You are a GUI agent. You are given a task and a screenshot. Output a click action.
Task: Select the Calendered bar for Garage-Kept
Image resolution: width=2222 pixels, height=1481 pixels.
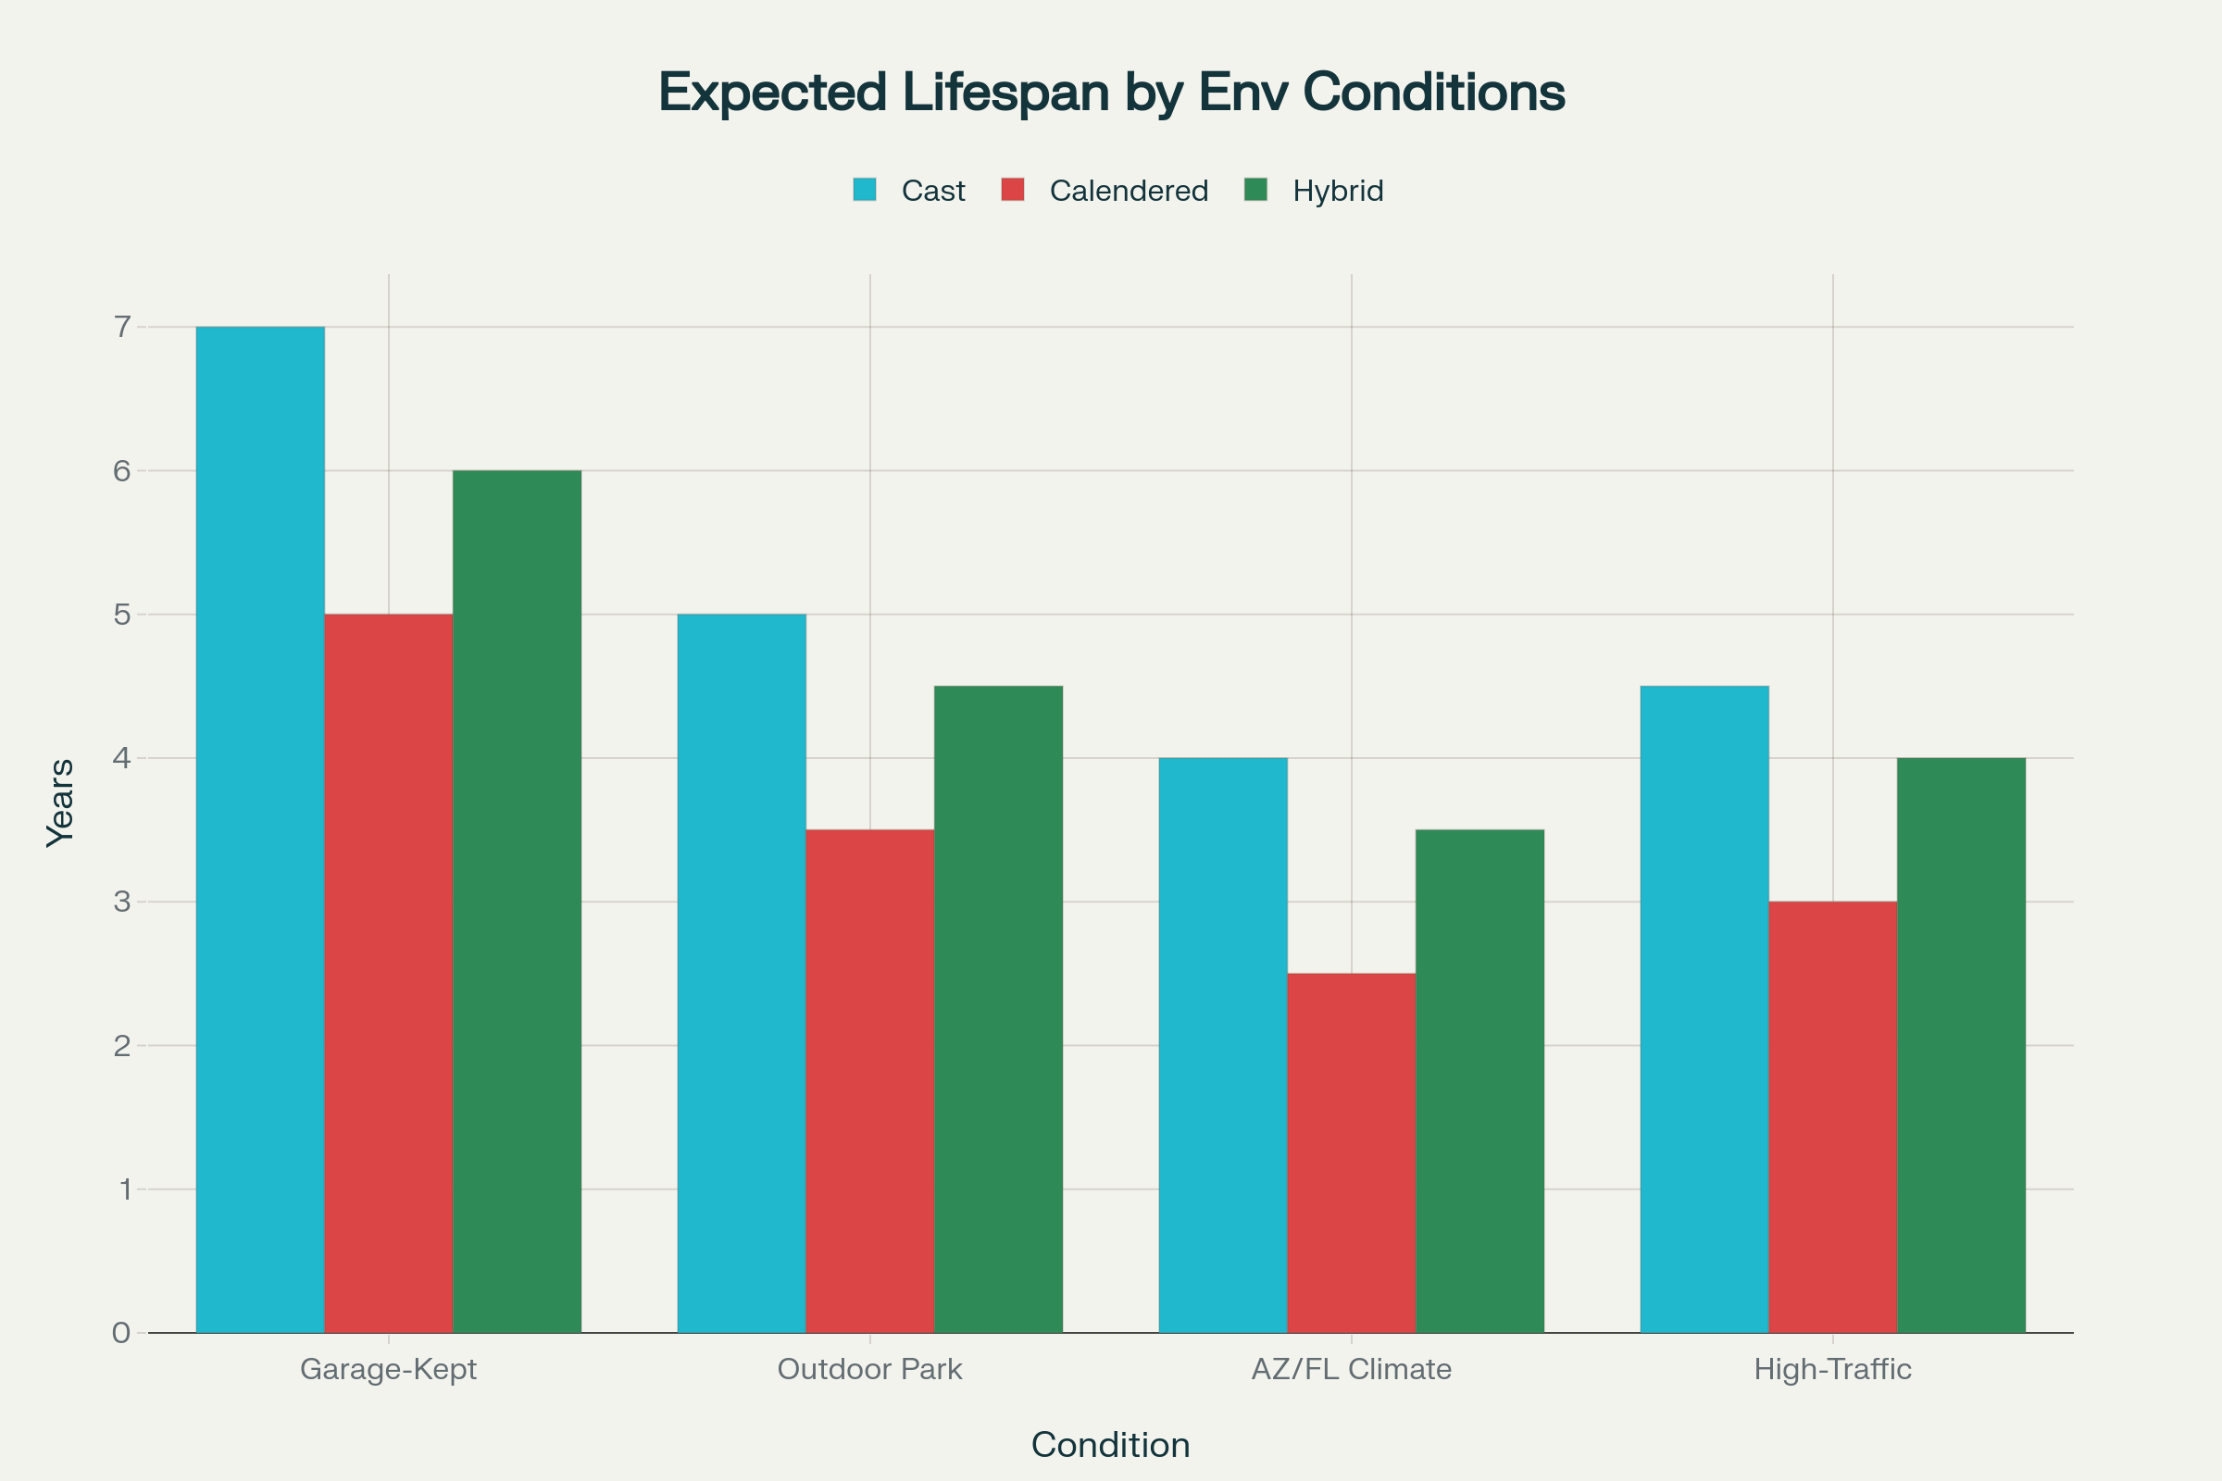tap(388, 973)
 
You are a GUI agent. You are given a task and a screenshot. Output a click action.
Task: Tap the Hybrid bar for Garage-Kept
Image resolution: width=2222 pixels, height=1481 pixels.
tap(517, 901)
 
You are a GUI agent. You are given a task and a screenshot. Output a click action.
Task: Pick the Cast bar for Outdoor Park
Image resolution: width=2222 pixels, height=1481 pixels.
tap(742, 973)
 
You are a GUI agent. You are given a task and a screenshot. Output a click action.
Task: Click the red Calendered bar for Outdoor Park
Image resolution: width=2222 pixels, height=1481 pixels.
tap(870, 1080)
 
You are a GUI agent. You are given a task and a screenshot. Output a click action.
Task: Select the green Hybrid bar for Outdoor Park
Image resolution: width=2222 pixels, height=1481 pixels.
tap(999, 1009)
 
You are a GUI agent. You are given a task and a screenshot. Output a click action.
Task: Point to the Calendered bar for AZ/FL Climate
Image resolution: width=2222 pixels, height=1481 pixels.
tap(1351, 1152)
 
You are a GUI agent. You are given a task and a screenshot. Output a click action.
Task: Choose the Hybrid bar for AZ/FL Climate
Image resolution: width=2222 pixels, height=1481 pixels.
tap(1479, 1080)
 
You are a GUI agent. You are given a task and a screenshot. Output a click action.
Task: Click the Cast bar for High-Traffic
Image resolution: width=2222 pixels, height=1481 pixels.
tap(1704, 1009)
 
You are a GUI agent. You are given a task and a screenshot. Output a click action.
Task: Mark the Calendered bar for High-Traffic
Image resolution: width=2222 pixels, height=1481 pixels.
tap(1833, 1116)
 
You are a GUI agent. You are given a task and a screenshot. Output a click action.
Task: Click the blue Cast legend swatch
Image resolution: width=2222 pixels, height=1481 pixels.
tap(865, 190)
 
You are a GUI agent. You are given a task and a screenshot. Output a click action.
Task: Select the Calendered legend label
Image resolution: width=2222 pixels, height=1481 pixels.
tap(1128, 191)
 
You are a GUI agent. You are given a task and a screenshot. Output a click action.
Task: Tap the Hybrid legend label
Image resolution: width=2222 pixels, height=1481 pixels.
tap(1338, 191)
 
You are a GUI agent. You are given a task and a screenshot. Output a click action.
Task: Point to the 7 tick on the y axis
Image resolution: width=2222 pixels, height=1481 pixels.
tap(122, 327)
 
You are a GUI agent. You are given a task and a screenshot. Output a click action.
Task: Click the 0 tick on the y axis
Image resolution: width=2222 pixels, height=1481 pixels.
tap(122, 1333)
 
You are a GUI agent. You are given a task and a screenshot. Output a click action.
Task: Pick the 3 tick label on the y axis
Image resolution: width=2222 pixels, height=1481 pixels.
tap(122, 902)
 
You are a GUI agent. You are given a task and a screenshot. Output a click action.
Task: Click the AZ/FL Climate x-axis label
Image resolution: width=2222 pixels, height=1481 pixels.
tap(1351, 1370)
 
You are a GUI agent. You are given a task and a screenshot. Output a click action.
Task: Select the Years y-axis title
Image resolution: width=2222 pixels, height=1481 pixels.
tap(60, 803)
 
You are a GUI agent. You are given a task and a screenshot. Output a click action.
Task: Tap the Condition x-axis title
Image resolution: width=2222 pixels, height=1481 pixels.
tap(1110, 1445)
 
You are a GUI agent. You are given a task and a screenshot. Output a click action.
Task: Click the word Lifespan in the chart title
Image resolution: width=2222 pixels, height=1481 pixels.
tap(1005, 93)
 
